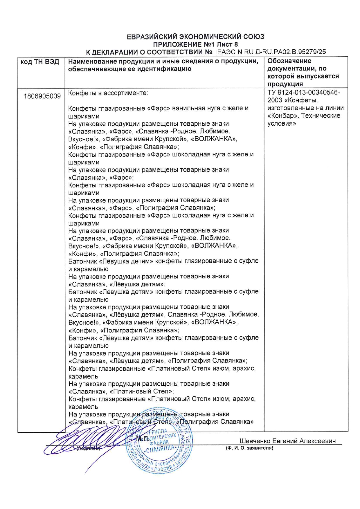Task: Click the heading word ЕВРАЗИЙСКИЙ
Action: coord(152,37)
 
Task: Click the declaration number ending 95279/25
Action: coord(271,52)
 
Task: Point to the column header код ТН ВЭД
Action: coord(40,62)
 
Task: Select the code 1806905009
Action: coord(42,96)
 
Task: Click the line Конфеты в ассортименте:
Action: coord(108,93)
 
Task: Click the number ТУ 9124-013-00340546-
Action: coord(303,93)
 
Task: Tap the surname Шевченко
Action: coord(255,441)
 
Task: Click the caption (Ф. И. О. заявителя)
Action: coord(249,448)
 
